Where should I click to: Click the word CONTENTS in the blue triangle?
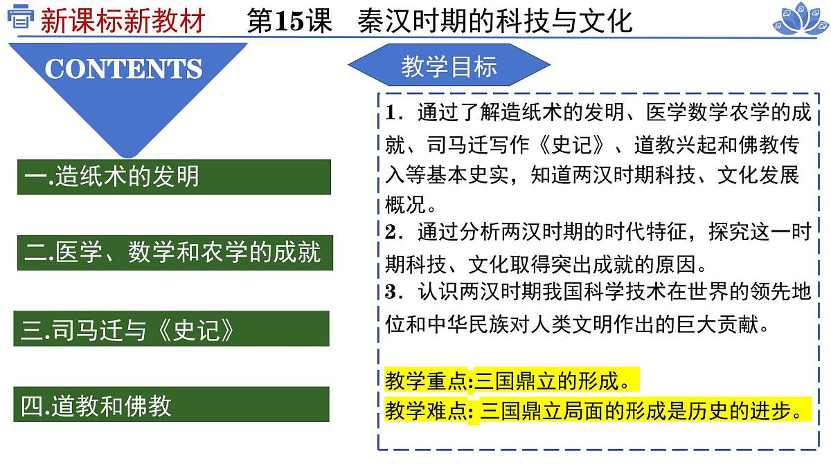123,68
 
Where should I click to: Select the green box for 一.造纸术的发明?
173,176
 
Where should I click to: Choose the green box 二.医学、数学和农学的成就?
173,253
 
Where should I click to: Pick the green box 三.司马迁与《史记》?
171,330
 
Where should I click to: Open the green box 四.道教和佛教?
171,405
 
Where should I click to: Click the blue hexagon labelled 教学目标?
449,66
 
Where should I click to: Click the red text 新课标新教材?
123,21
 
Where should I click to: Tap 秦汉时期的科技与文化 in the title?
495,21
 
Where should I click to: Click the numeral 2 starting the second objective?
390,232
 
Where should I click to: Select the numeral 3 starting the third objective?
390,293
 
